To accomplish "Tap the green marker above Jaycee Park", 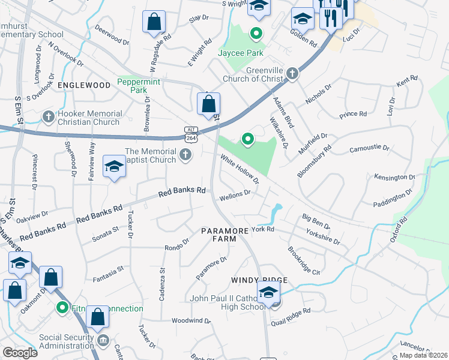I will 256,34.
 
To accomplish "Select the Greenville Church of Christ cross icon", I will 292,73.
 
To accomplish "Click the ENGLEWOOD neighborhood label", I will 84,86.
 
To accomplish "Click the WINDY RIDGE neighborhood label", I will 260,280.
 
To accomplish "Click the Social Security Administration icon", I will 103,341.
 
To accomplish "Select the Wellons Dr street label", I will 234,194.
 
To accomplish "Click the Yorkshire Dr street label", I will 322,236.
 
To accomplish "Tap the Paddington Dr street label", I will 393,200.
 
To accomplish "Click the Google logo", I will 20,352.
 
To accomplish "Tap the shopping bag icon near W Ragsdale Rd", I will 154,23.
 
